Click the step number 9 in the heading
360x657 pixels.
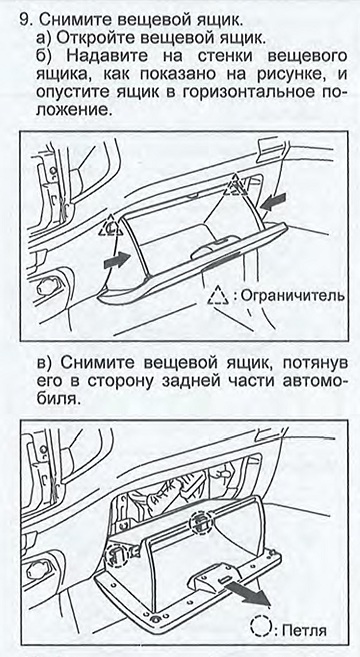point(25,20)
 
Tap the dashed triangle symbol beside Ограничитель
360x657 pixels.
point(219,295)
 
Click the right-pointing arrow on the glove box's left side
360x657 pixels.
point(116,260)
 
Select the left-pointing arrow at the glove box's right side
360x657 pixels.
point(273,200)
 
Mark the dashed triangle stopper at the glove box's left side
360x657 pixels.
point(110,225)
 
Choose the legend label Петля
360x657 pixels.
point(304,630)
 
